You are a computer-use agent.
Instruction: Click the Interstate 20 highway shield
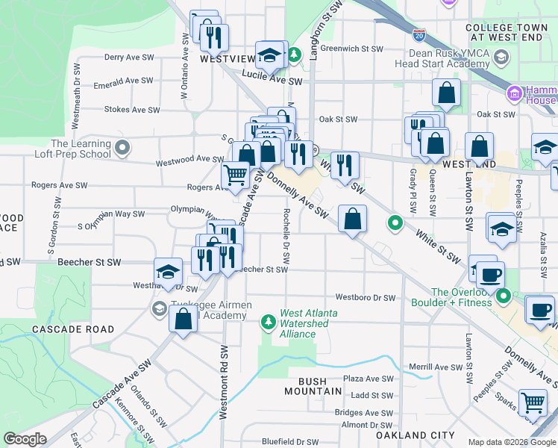pos(418,34)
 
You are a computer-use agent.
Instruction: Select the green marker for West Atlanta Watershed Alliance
pos(268,321)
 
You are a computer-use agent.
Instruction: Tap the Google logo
pos(25,439)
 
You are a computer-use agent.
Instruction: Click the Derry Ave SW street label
pos(129,57)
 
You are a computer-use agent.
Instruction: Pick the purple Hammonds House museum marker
pos(513,94)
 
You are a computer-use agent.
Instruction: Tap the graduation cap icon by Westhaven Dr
pos(169,273)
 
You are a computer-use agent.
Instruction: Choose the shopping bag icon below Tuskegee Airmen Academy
pos(183,320)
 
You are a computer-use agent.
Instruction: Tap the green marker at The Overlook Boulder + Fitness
pos(504,297)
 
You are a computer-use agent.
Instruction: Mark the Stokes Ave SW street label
pos(132,110)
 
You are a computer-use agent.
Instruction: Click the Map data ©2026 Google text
pos(510,442)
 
